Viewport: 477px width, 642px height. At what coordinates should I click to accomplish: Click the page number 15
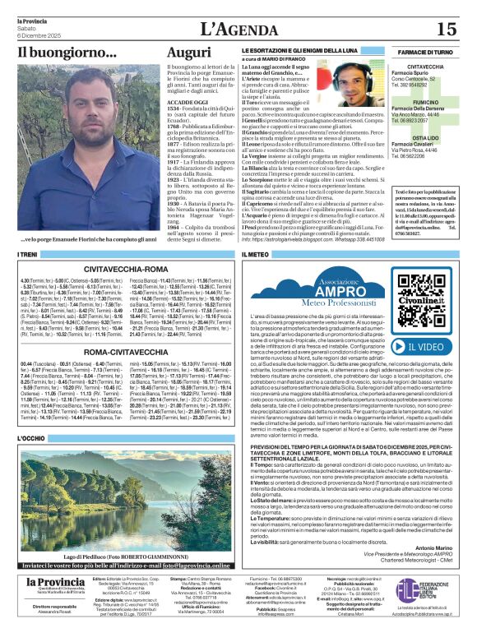[447, 29]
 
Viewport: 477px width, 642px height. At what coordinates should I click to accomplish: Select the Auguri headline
[188, 53]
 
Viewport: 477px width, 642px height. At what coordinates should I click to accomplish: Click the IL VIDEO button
[428, 324]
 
